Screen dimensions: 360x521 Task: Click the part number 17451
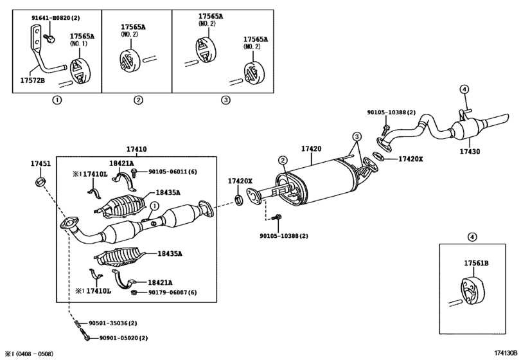40,164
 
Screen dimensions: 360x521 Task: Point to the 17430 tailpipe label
469,152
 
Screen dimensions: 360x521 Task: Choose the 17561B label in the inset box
477,263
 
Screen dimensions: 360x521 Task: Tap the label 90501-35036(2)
116,323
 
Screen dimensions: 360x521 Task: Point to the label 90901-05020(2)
116,337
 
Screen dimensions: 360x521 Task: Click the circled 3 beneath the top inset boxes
225,100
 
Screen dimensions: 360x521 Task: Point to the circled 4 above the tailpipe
464,89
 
